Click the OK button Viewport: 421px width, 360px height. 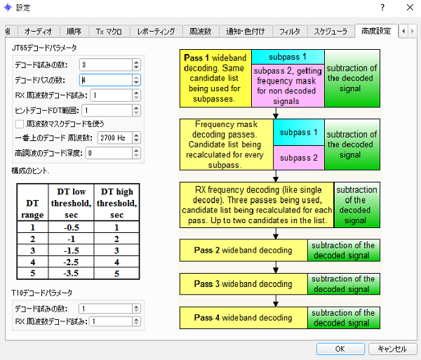coord(340,349)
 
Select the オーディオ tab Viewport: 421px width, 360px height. coord(39,32)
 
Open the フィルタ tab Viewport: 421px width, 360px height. coord(289,32)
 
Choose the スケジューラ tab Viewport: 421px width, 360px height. coord(330,32)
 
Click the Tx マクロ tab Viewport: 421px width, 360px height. coord(109,32)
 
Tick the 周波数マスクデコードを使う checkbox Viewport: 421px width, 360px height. coord(20,124)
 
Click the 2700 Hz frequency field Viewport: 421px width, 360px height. coord(114,138)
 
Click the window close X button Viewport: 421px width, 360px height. coord(410,8)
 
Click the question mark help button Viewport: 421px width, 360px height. coord(382,8)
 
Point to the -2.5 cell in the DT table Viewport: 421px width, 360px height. coord(71,262)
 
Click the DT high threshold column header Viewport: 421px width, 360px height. coord(116,203)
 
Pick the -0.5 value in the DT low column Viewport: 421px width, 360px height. coord(71,227)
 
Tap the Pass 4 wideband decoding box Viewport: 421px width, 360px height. coord(243,318)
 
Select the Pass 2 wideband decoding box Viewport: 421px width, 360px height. coord(243,251)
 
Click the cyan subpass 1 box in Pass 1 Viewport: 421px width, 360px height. coord(288,57)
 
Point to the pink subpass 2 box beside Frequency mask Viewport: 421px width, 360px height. coord(299,158)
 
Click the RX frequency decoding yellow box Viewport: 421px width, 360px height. coord(257,205)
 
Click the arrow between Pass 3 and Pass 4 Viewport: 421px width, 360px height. coord(276,300)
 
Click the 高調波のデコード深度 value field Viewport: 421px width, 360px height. coord(109,153)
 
